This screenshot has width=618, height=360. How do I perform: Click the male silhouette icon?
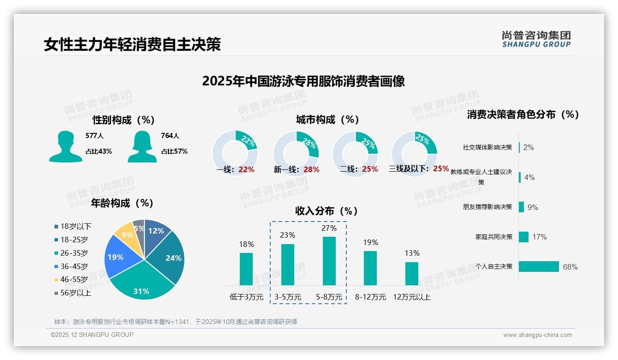tap(65, 146)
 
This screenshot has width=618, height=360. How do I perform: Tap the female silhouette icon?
tap(142, 146)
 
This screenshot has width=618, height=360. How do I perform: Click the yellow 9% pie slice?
tap(124, 234)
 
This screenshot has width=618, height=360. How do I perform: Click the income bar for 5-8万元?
tap(329, 261)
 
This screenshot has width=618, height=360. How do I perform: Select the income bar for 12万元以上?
tap(411, 273)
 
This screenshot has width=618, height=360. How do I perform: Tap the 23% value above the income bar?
tap(287, 235)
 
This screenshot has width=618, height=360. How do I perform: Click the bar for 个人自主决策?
tap(539, 266)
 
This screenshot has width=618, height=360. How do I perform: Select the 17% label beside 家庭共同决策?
tap(539, 237)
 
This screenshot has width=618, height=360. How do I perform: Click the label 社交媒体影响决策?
tap(487, 147)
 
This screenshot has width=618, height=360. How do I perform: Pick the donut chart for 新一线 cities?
tap(296, 154)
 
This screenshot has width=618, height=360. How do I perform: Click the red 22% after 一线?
tap(246, 169)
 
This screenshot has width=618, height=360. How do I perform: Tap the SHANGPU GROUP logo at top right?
tap(536, 39)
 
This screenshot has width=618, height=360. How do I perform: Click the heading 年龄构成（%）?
tap(122, 203)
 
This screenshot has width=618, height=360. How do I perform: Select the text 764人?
tap(170, 136)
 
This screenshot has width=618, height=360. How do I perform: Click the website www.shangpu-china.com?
tap(537, 335)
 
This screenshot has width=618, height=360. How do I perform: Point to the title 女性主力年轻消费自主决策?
tap(132, 44)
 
